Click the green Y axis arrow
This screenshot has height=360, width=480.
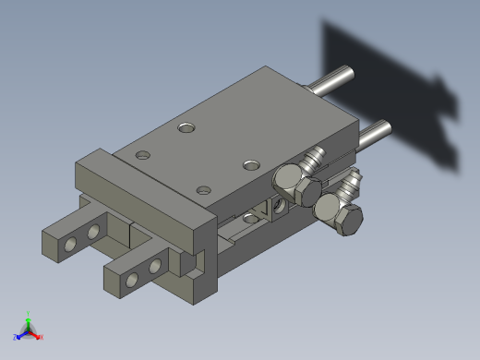click(29, 316)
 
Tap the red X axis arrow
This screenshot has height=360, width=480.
click(40, 337)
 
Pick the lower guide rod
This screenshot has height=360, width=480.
click(374, 135)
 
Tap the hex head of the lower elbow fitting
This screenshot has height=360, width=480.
click(344, 222)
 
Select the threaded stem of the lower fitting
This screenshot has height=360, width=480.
click(350, 190)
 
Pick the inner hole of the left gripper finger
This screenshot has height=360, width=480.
click(93, 232)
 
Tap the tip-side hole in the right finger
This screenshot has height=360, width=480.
click(133, 278)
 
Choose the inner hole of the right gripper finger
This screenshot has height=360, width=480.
click(155, 268)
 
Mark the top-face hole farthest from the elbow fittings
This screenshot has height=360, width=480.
click(142, 154)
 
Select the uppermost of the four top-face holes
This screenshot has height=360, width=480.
click(187, 126)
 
